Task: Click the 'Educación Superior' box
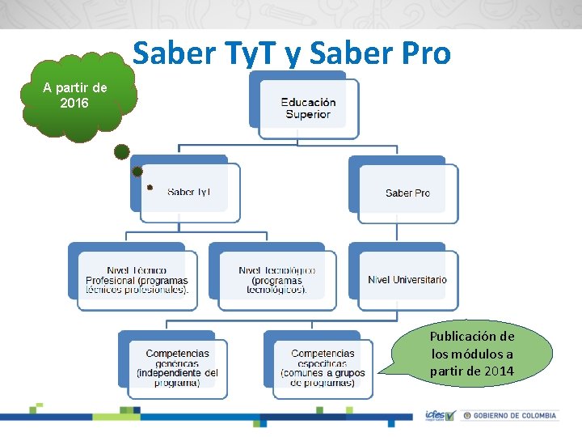tap(308, 108)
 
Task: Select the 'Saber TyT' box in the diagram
tap(189, 192)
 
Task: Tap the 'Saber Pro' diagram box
tap(407, 193)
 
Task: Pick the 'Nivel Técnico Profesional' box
tap(137, 280)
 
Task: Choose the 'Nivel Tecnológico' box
tap(276, 280)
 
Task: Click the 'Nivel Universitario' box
tap(407, 280)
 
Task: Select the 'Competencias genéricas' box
tap(177, 367)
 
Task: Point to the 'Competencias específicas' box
tap(323, 367)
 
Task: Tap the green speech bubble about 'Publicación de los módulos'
tap(472, 354)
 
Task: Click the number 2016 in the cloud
tap(74, 104)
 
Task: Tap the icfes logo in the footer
tap(441, 415)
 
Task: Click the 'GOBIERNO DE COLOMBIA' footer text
tap(514, 416)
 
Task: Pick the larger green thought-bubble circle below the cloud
tap(121, 151)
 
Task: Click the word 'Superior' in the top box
tap(308, 114)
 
